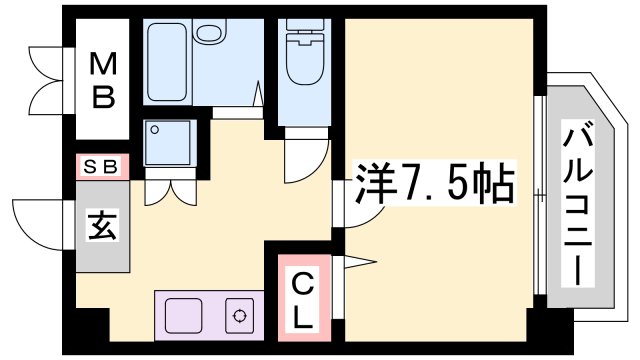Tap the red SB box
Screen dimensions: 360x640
(103, 166)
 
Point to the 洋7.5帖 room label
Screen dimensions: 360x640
(433, 185)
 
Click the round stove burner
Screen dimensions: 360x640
(240, 317)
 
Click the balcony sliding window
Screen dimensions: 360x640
(540, 200)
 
